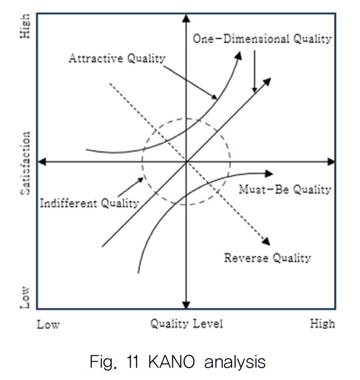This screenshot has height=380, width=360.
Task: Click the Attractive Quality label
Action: point(116,58)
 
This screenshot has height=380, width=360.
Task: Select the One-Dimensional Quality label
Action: point(261,39)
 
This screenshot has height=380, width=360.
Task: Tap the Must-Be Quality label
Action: point(285,190)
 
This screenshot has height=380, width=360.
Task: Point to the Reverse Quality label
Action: point(267,258)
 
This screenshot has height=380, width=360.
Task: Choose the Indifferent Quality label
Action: point(90,203)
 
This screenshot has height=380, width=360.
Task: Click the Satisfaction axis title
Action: point(25,164)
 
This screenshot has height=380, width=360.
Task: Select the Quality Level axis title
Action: point(186,324)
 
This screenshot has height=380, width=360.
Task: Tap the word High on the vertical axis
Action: point(25,26)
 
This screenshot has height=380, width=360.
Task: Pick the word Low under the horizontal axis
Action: point(48,324)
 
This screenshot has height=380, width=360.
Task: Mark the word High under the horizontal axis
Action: point(322,324)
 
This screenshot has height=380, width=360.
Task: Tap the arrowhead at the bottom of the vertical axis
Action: point(186,305)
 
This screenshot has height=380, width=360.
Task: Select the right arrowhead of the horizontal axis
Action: point(331,161)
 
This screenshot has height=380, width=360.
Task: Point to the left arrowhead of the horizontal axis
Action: point(43,161)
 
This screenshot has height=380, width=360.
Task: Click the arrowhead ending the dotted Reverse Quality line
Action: point(266,241)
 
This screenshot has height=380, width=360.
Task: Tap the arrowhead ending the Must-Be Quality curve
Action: point(269,174)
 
